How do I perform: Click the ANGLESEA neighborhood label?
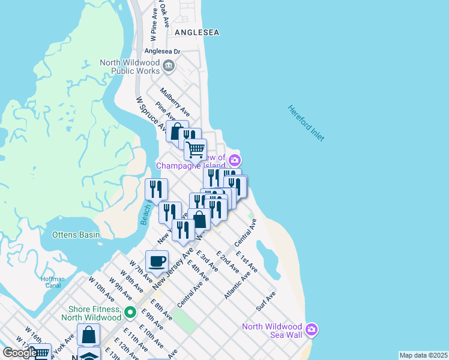tap(197, 32)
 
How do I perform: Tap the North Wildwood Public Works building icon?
tap(169, 65)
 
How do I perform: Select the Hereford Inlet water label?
tap(306, 123)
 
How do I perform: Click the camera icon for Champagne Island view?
tap(234, 160)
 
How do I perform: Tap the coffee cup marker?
tap(157, 261)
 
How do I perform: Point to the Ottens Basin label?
tap(76, 235)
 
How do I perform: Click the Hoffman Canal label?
tap(53, 281)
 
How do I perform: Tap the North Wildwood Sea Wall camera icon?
tap(311, 329)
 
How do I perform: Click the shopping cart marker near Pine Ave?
tap(195, 149)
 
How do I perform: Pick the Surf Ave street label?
tap(265, 301)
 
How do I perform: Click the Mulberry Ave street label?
tap(175, 102)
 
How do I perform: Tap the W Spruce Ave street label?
tap(151, 115)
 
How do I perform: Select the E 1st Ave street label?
tap(247, 262)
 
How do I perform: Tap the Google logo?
tap(19, 353)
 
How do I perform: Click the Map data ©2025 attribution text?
tap(423, 355)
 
